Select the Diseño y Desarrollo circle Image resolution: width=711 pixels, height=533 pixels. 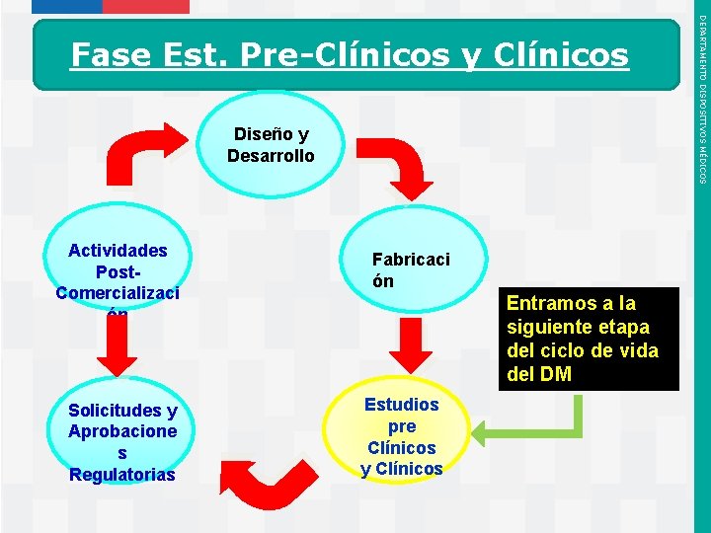click(x=271, y=145)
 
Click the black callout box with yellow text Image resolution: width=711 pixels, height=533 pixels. click(x=590, y=340)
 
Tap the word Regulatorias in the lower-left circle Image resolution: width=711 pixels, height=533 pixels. click(x=122, y=475)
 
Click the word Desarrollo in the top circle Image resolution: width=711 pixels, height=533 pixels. click(x=271, y=156)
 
